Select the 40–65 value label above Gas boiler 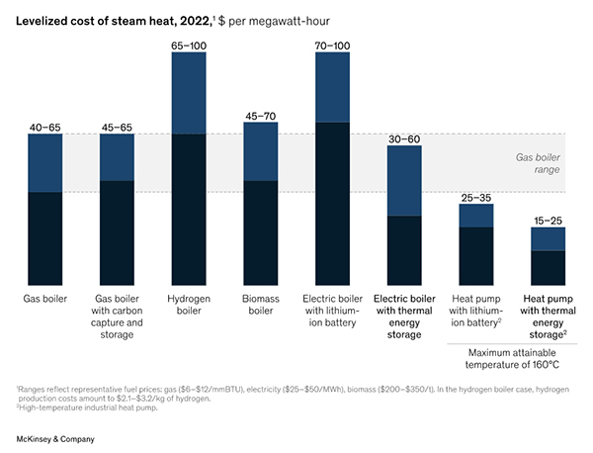[45, 126]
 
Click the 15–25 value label [548, 219]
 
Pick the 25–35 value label [476, 196]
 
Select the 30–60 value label [404, 137]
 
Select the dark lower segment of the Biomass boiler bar [261, 232]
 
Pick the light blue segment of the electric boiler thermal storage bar [404, 181]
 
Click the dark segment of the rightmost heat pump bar [548, 268]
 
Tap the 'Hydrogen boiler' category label [189, 304]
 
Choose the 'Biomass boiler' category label [261, 304]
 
